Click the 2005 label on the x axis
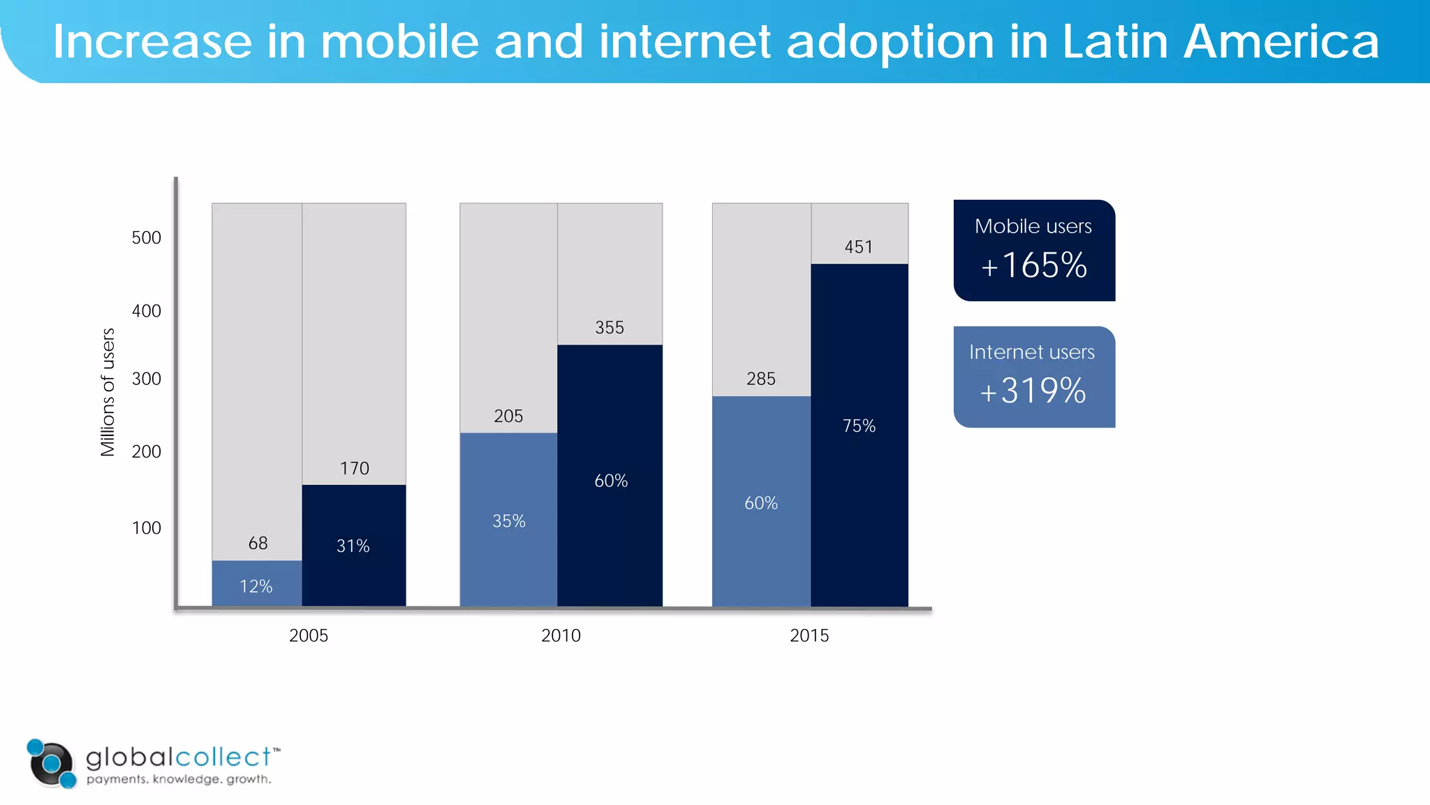pos(308,635)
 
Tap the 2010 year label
pos(561,635)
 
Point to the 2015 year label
pos(809,635)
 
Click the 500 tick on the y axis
pos(146,238)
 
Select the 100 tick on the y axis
pos(146,528)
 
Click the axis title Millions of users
pos(108,392)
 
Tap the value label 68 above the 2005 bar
pos(258,543)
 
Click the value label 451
pos(858,247)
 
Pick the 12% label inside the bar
pos(256,586)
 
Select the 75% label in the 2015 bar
pos(858,426)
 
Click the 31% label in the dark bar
pos(353,546)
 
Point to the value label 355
pos(609,327)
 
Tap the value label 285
pos(760,379)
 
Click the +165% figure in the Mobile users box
pos(1033,266)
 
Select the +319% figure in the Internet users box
pos(1033,391)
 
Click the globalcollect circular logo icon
pos(51,763)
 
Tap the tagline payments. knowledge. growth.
pos(179,779)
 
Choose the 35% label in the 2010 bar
pos(508,521)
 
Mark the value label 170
pos(354,468)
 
